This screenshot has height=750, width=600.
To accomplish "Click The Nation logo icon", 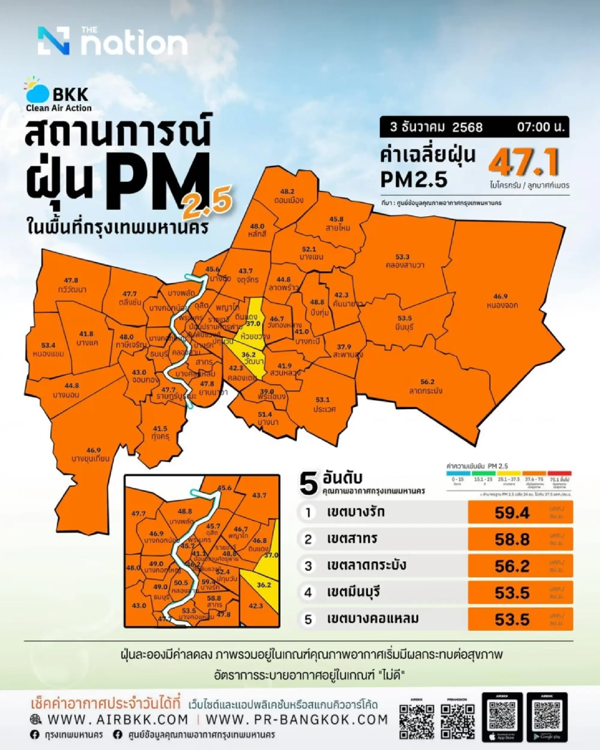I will tap(54, 41).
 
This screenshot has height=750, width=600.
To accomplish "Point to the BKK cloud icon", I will tap(37, 91).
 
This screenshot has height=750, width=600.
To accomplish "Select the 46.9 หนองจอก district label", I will tap(500, 301).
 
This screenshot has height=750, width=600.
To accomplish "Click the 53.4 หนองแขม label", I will tap(48, 350).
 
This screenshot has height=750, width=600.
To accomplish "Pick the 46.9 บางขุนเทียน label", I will tap(91, 454).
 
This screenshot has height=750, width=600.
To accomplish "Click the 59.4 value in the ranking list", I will tap(512, 512).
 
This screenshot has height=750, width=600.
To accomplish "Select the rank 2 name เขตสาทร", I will tap(352, 539).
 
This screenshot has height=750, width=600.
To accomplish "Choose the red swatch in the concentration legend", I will tap(559, 474).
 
